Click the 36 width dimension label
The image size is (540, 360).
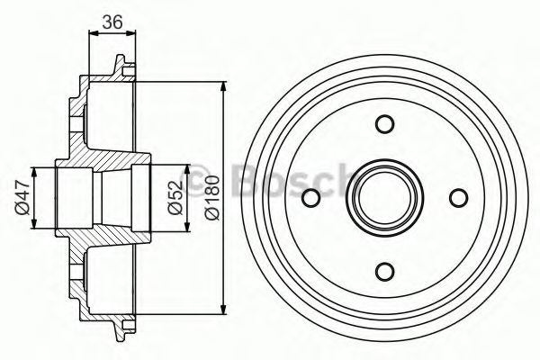[112, 22]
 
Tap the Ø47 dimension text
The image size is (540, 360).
[22, 198]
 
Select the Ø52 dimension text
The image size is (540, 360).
[176, 198]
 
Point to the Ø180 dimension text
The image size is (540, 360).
[211, 197]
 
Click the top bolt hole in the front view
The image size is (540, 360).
[384, 123]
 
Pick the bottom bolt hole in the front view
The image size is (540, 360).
[384, 272]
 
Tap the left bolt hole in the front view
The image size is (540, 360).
[311, 198]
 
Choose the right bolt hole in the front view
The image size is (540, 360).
[459, 198]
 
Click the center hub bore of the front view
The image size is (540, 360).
[384, 198]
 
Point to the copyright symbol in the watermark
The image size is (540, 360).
[199, 179]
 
